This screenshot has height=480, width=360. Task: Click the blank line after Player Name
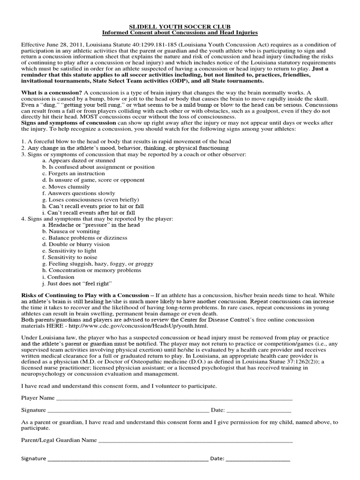173,398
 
